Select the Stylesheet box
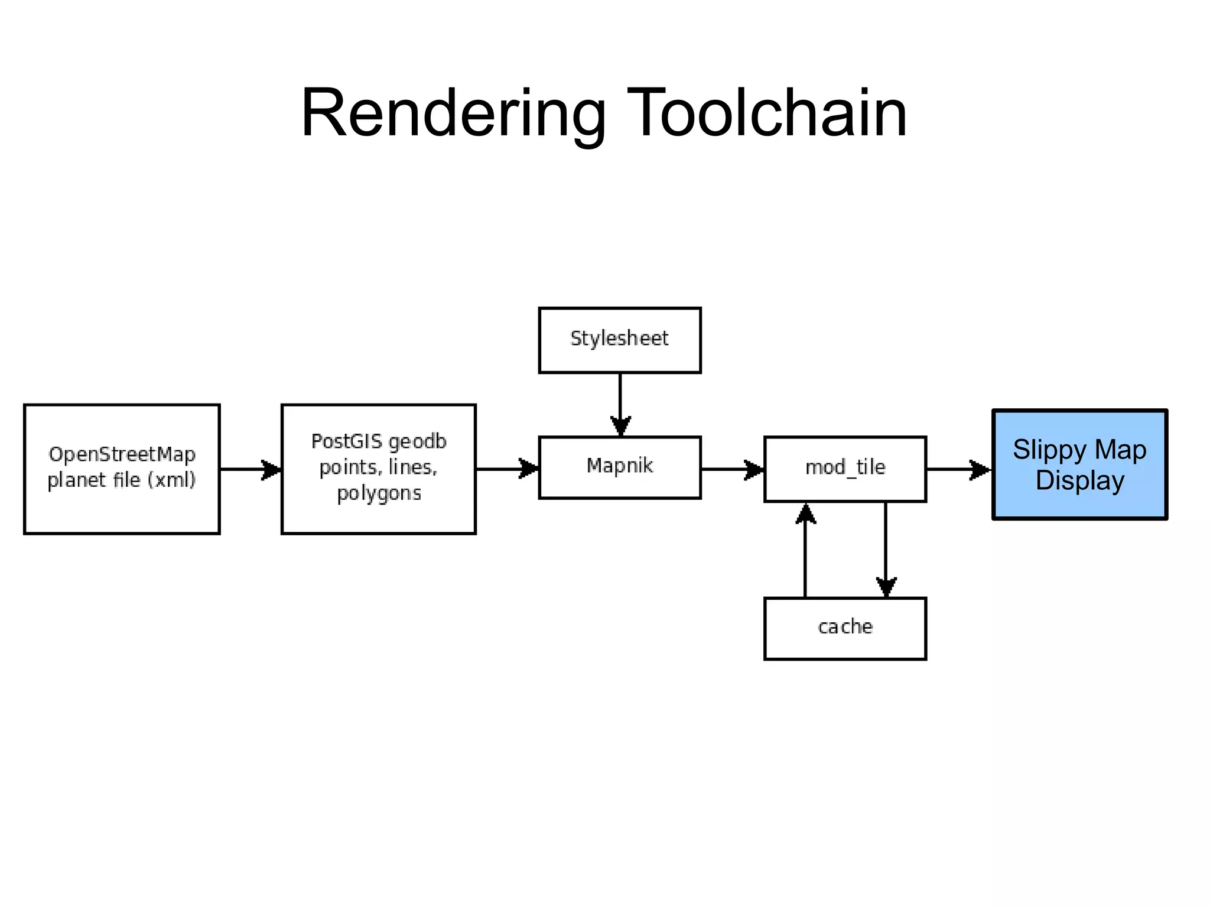[x=620, y=340]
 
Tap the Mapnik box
[x=620, y=467]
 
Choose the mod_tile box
[x=845, y=469]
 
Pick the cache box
[x=845, y=628]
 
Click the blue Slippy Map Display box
[x=1079, y=464]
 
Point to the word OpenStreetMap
[x=122, y=454]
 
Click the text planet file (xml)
[x=122, y=480]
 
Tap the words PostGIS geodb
[x=379, y=441]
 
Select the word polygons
[x=379, y=493]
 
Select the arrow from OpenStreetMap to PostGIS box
[x=251, y=469]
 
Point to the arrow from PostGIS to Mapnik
[x=508, y=469]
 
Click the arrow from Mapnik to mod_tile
[x=733, y=469]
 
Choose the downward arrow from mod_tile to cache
[x=886, y=550]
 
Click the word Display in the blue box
[x=1079, y=480]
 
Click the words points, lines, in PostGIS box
[x=379, y=467]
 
